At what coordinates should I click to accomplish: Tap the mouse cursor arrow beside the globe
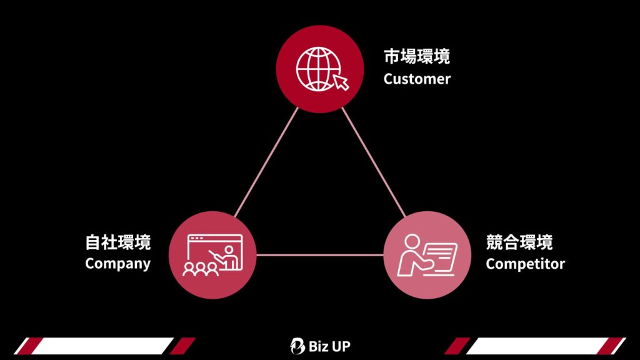pyautogui.click(x=341, y=82)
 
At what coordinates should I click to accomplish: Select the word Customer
pyautogui.click(x=416, y=79)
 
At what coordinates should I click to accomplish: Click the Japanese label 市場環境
pyautogui.click(x=416, y=57)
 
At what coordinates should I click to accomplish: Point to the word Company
pyautogui.click(x=117, y=263)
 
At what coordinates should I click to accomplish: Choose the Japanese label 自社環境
pyautogui.click(x=117, y=242)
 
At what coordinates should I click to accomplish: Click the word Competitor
pyautogui.click(x=525, y=263)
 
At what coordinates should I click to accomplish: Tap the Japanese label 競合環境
pyautogui.click(x=519, y=242)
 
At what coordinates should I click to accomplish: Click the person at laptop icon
pyautogui.click(x=427, y=255)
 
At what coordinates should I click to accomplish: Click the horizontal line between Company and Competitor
pyautogui.click(x=320, y=254)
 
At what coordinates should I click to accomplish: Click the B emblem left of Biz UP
pyautogui.click(x=298, y=346)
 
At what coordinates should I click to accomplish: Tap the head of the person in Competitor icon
pyautogui.click(x=412, y=241)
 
